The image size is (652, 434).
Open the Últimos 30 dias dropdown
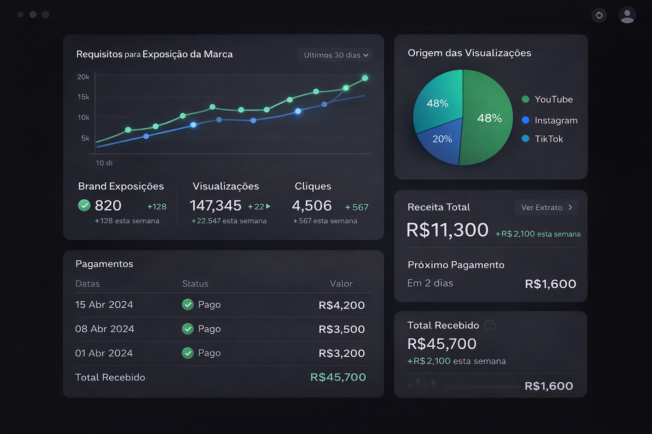(335, 55)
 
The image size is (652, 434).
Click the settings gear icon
(599, 16)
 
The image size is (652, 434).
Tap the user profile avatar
(627, 15)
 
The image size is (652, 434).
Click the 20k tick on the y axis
(83, 77)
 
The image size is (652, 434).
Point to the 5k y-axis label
(85, 138)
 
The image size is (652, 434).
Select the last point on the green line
(365, 78)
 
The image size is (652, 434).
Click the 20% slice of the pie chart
(441, 140)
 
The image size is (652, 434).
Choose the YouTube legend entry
(548, 99)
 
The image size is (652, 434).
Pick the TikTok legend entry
(543, 139)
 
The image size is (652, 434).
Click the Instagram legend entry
(550, 120)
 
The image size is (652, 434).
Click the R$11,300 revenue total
(447, 230)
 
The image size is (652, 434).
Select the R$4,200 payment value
(341, 305)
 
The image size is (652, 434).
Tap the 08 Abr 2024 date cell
(104, 329)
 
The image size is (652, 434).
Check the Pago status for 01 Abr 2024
(202, 353)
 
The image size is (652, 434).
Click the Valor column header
(341, 284)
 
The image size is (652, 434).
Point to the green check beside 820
(84, 206)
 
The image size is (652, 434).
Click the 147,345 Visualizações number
(215, 206)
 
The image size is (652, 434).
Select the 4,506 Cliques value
(312, 206)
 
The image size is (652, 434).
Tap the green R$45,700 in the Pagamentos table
(338, 377)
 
